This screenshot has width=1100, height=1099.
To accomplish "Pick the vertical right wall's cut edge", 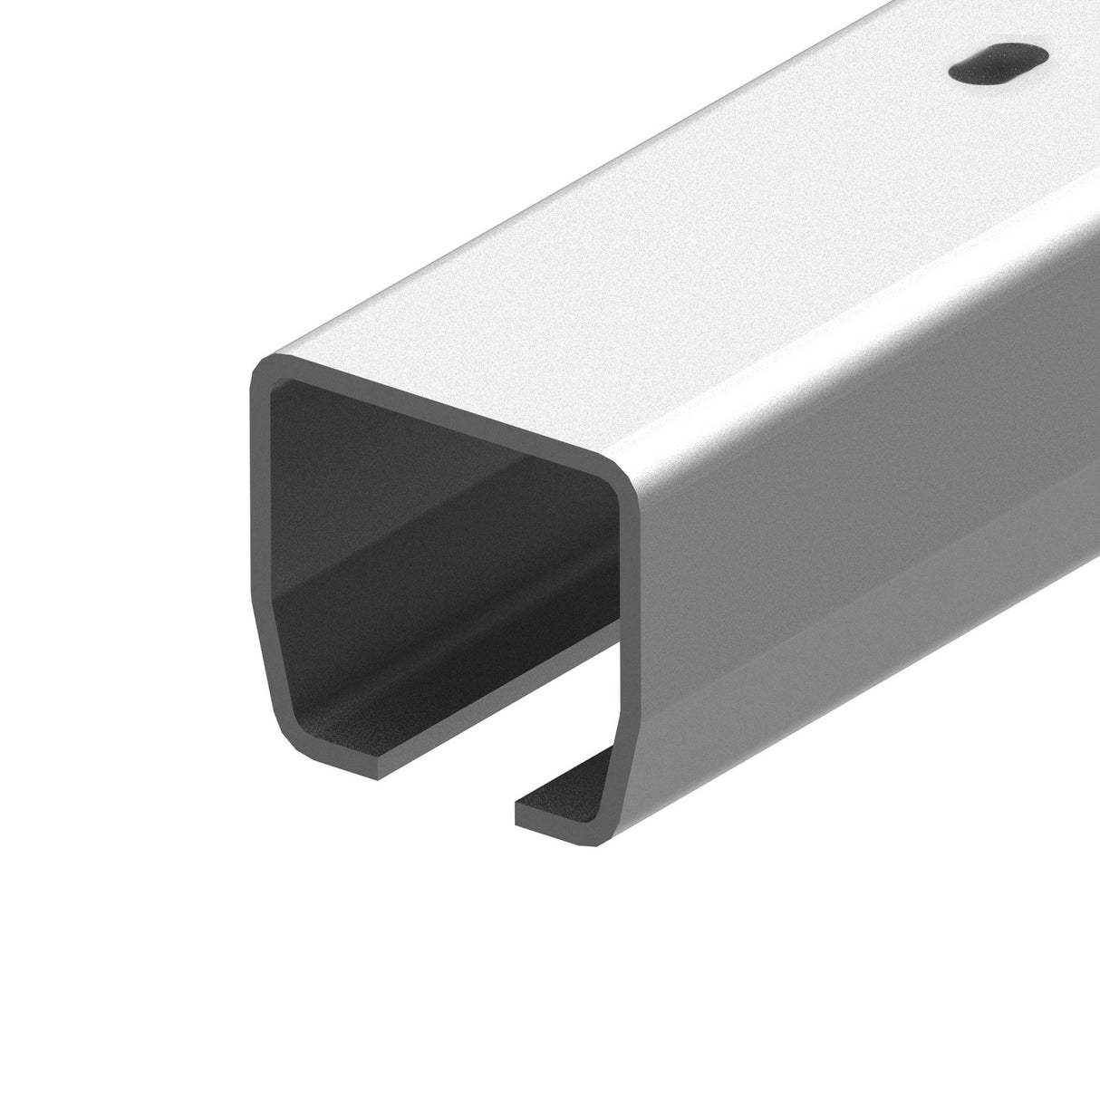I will pyautogui.click(x=629, y=580).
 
